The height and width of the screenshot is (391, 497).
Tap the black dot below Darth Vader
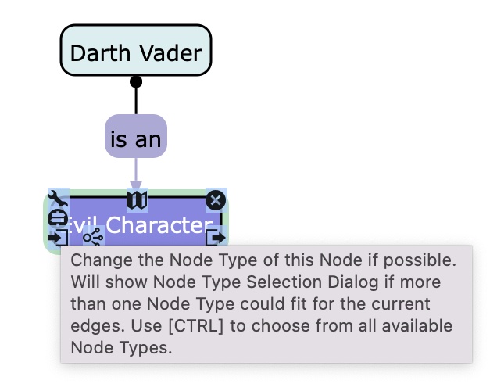[x=136, y=81]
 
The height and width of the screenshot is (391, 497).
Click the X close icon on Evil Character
[x=216, y=201]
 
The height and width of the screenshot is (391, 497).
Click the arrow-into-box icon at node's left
[x=57, y=237]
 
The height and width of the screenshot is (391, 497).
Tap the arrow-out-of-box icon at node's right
[x=216, y=237]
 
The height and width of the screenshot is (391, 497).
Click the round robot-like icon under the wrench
[x=58, y=218]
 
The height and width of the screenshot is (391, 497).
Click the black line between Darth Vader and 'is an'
[x=136, y=100]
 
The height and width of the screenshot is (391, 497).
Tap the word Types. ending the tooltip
[x=147, y=348]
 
